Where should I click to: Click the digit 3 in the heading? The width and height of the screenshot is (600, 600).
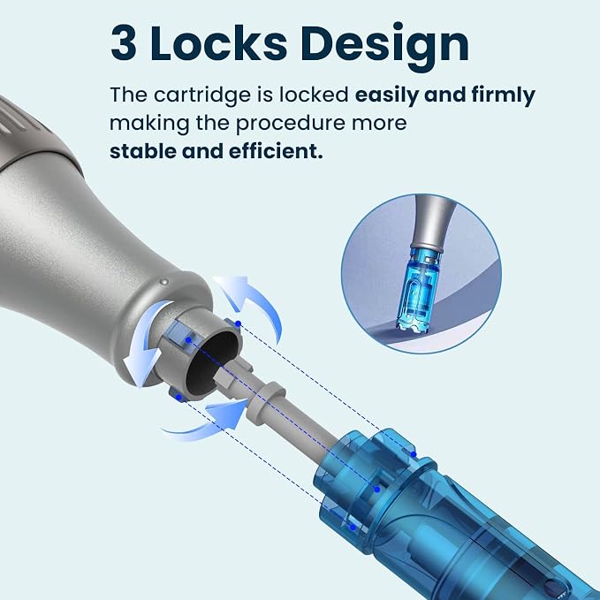(123, 42)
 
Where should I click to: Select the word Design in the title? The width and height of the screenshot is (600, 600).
(384, 46)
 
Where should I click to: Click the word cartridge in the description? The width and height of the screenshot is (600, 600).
(202, 95)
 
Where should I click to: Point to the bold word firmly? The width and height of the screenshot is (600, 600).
(503, 95)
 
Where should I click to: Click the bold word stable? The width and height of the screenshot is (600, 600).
(143, 151)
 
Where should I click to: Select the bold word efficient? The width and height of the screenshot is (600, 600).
(276, 151)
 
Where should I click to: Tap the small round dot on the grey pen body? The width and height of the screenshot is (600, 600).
(164, 282)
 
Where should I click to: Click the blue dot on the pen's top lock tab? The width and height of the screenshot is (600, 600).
(238, 323)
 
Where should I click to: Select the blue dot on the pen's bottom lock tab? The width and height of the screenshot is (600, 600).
(178, 398)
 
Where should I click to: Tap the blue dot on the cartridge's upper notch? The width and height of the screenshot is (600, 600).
(414, 454)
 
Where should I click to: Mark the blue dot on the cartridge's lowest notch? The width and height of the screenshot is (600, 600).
(353, 528)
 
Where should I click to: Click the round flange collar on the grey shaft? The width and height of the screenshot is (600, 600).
(265, 403)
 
